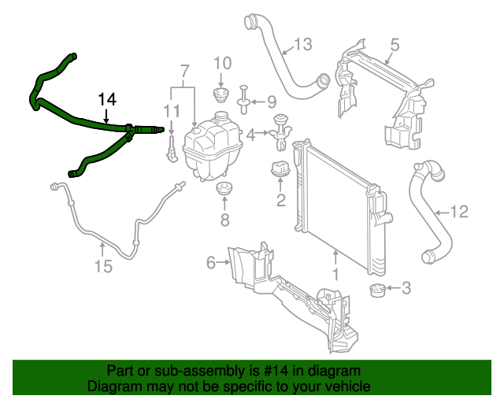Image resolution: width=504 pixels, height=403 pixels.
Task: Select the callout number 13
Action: pos(303,45)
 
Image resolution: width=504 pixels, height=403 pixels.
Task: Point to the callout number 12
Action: pos(459,211)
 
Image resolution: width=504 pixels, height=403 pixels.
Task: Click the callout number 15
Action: pos(104,267)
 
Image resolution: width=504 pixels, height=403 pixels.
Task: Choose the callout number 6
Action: pos(211,263)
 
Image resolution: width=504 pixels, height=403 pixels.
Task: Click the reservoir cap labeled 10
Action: pos(221,95)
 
